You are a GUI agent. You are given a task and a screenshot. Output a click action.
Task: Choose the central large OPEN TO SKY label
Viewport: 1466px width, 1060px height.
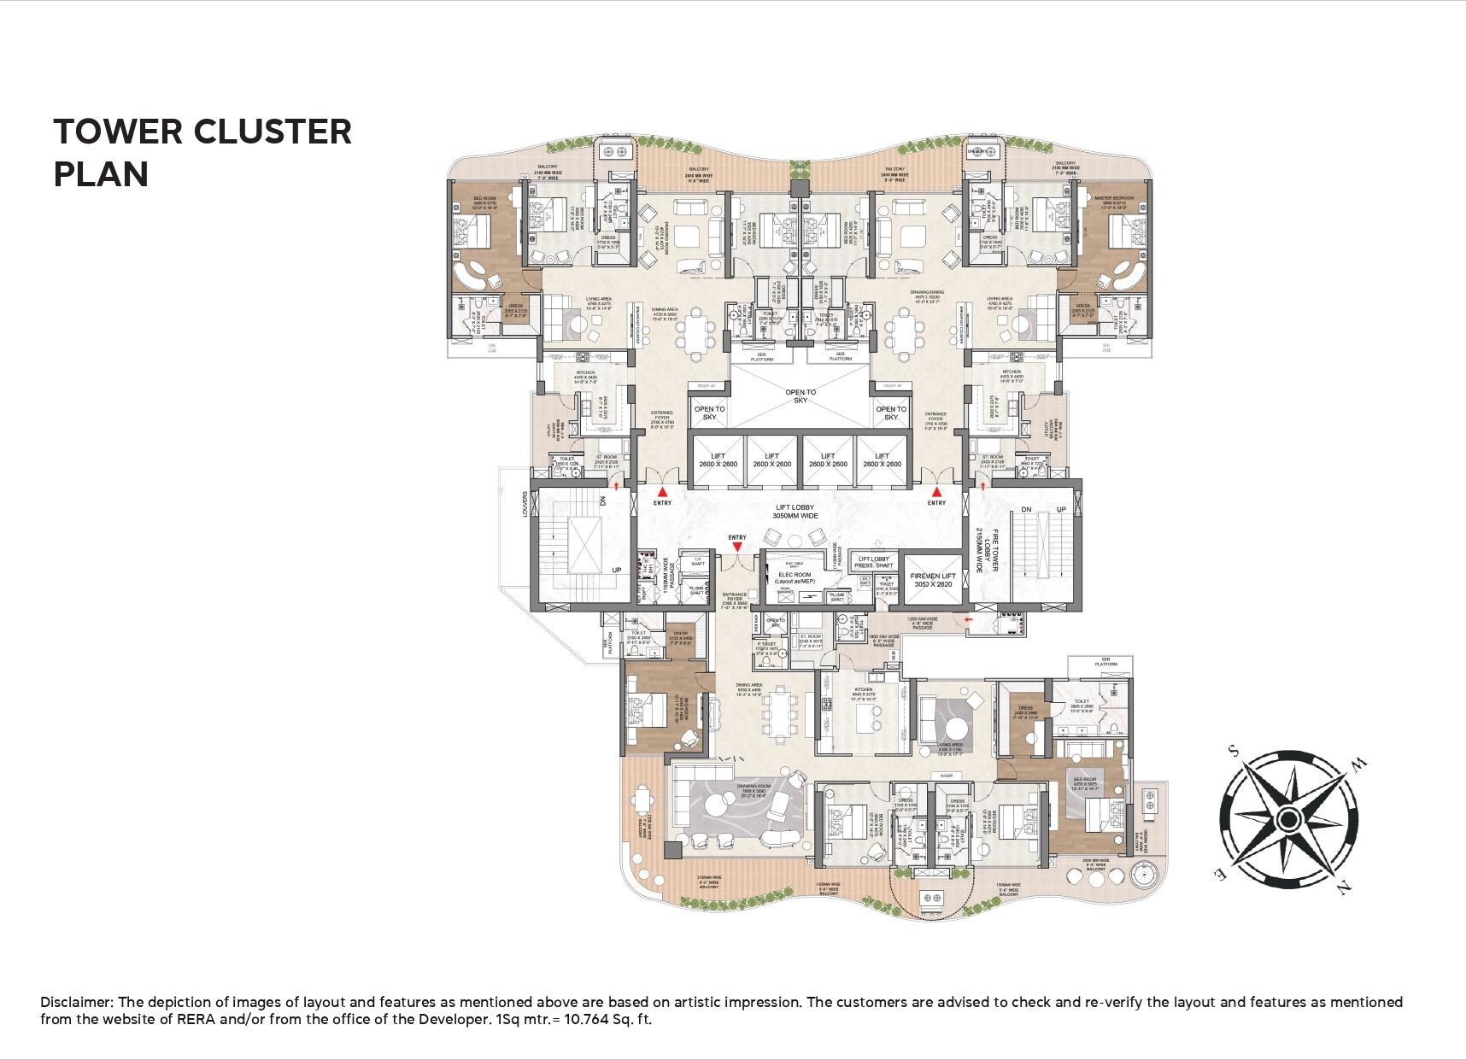(800, 396)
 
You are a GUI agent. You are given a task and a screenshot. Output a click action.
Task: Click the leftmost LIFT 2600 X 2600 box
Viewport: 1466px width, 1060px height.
(717, 460)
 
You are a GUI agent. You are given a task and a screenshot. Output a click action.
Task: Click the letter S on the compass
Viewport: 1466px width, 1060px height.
(1233, 752)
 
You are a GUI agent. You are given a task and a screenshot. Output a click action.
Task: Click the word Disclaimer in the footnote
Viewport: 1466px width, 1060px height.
(76, 1002)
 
